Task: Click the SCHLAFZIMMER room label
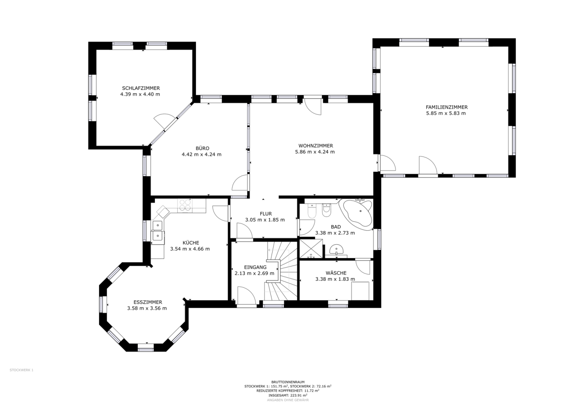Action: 141,88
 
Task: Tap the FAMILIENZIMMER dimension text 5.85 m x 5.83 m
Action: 446,113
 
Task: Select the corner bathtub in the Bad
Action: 356,212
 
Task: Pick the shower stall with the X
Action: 311,248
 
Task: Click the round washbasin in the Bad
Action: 336,249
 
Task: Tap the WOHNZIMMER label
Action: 316,146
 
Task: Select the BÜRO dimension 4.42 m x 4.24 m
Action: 202,154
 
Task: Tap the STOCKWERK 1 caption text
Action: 22,370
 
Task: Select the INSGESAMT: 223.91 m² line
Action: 288,395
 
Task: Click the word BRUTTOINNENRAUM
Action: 288,382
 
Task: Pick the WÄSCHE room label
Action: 336,273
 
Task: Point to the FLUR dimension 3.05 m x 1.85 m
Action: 265,220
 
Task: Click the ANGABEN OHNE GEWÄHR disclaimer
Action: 288,400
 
